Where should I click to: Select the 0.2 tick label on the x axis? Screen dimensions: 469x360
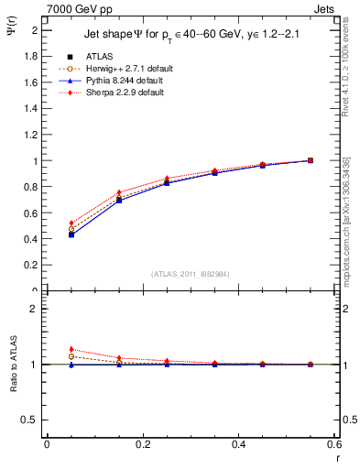point(143,444)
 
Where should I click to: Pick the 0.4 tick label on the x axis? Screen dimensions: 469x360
point(239,444)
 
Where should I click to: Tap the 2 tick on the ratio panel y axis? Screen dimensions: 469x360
point(35,309)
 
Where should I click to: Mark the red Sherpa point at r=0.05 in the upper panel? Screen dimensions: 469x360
point(47,223)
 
